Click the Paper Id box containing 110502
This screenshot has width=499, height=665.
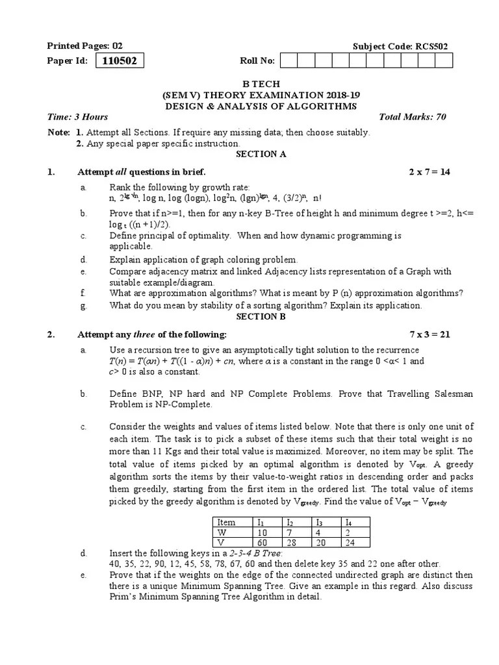point(120,61)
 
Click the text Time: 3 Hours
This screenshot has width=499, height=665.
point(78,117)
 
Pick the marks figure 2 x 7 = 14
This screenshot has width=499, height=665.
point(429,172)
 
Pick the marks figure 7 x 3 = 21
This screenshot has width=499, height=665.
point(429,334)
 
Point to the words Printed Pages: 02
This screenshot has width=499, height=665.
point(84,46)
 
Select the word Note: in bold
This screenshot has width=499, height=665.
point(58,132)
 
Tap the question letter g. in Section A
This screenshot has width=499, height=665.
point(83,305)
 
